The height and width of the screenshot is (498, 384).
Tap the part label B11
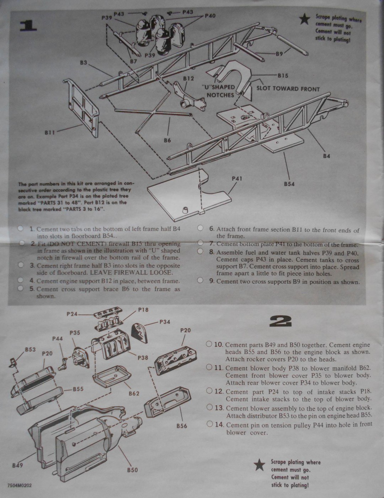click(50, 132)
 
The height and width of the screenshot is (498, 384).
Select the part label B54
click(289, 184)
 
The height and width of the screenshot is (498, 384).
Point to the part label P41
click(237, 178)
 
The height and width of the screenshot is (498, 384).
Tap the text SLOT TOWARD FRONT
click(288, 89)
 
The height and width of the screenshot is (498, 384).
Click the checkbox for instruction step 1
click(21, 229)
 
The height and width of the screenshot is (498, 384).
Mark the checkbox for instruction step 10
click(209, 344)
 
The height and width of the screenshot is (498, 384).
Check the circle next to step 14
click(209, 424)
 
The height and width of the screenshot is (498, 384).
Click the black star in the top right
click(304, 19)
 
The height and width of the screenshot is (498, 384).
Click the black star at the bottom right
click(260, 464)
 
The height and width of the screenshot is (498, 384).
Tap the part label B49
click(17, 465)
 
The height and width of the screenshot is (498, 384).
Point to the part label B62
click(134, 393)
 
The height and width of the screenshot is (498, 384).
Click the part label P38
click(143, 358)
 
